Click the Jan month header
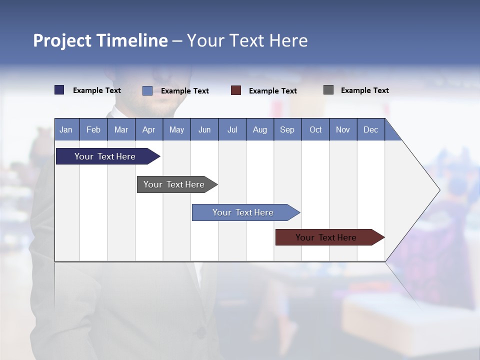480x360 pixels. [66, 129]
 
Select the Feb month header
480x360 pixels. [93, 129]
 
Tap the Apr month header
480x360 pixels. [148, 129]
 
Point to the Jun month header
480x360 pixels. [204, 129]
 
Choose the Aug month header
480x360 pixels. [260, 129]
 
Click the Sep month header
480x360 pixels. [287, 129]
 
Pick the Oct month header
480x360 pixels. [315, 129]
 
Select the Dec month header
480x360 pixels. [371, 129]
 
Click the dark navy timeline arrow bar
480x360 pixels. [105, 156]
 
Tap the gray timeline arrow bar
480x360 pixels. [174, 184]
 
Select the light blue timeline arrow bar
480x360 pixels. [243, 212]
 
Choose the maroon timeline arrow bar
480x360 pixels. [326, 237]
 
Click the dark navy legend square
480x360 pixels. [59, 90]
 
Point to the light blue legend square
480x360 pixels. [147, 90]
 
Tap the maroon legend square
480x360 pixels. [236, 90]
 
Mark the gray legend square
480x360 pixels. [328, 90]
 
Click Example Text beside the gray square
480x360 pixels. [364, 90]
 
